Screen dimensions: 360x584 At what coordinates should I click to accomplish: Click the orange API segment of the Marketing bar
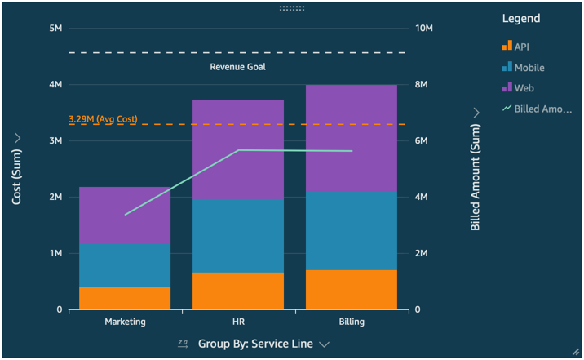click(x=125, y=298)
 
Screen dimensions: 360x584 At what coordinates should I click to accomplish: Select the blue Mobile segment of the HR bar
click(x=238, y=236)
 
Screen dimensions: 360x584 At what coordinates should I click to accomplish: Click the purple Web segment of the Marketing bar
click(x=125, y=216)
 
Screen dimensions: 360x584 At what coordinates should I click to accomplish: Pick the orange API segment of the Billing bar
click(x=351, y=290)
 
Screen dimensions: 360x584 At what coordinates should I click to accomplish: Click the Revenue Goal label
click(x=238, y=67)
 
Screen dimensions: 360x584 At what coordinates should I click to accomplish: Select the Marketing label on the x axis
click(x=125, y=322)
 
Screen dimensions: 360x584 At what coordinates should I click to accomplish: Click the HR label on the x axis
click(x=238, y=322)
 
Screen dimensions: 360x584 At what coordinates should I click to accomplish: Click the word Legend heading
click(x=521, y=18)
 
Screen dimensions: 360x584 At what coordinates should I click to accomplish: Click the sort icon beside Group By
click(x=184, y=344)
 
